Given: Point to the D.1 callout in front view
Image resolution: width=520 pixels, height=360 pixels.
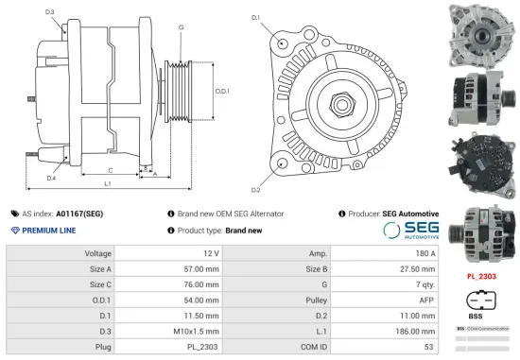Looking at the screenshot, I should pyautogui.click(x=255, y=18).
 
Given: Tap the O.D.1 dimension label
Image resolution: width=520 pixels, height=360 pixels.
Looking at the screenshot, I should pyautogui.click(x=222, y=90).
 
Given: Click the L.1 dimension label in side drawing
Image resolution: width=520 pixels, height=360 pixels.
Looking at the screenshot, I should pyautogui.click(x=108, y=183).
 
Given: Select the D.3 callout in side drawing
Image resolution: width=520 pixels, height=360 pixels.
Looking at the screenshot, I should pyautogui.click(x=49, y=12).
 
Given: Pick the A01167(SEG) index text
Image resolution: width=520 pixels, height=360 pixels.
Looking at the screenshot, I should pyautogui.click(x=78, y=214).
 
